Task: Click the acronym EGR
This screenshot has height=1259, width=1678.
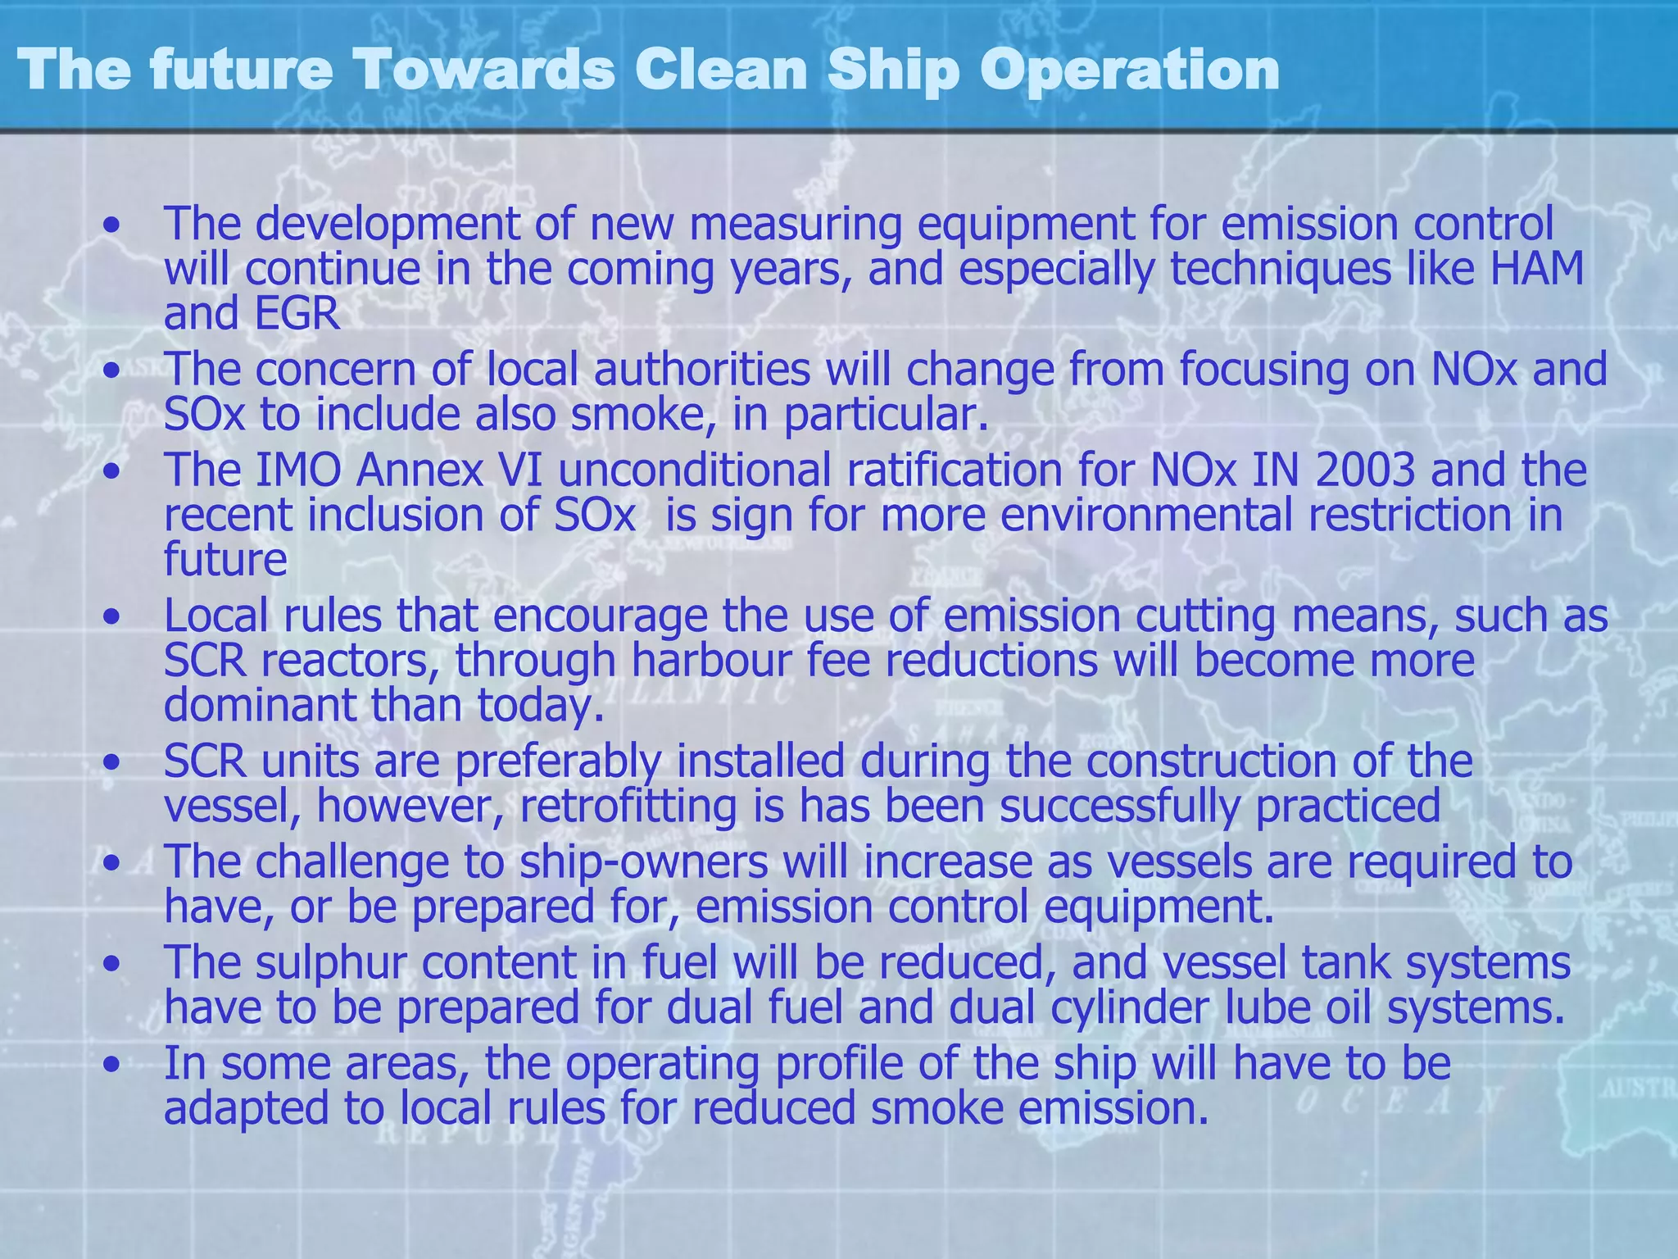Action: [297, 314]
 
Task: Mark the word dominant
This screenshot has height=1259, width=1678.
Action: [261, 706]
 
